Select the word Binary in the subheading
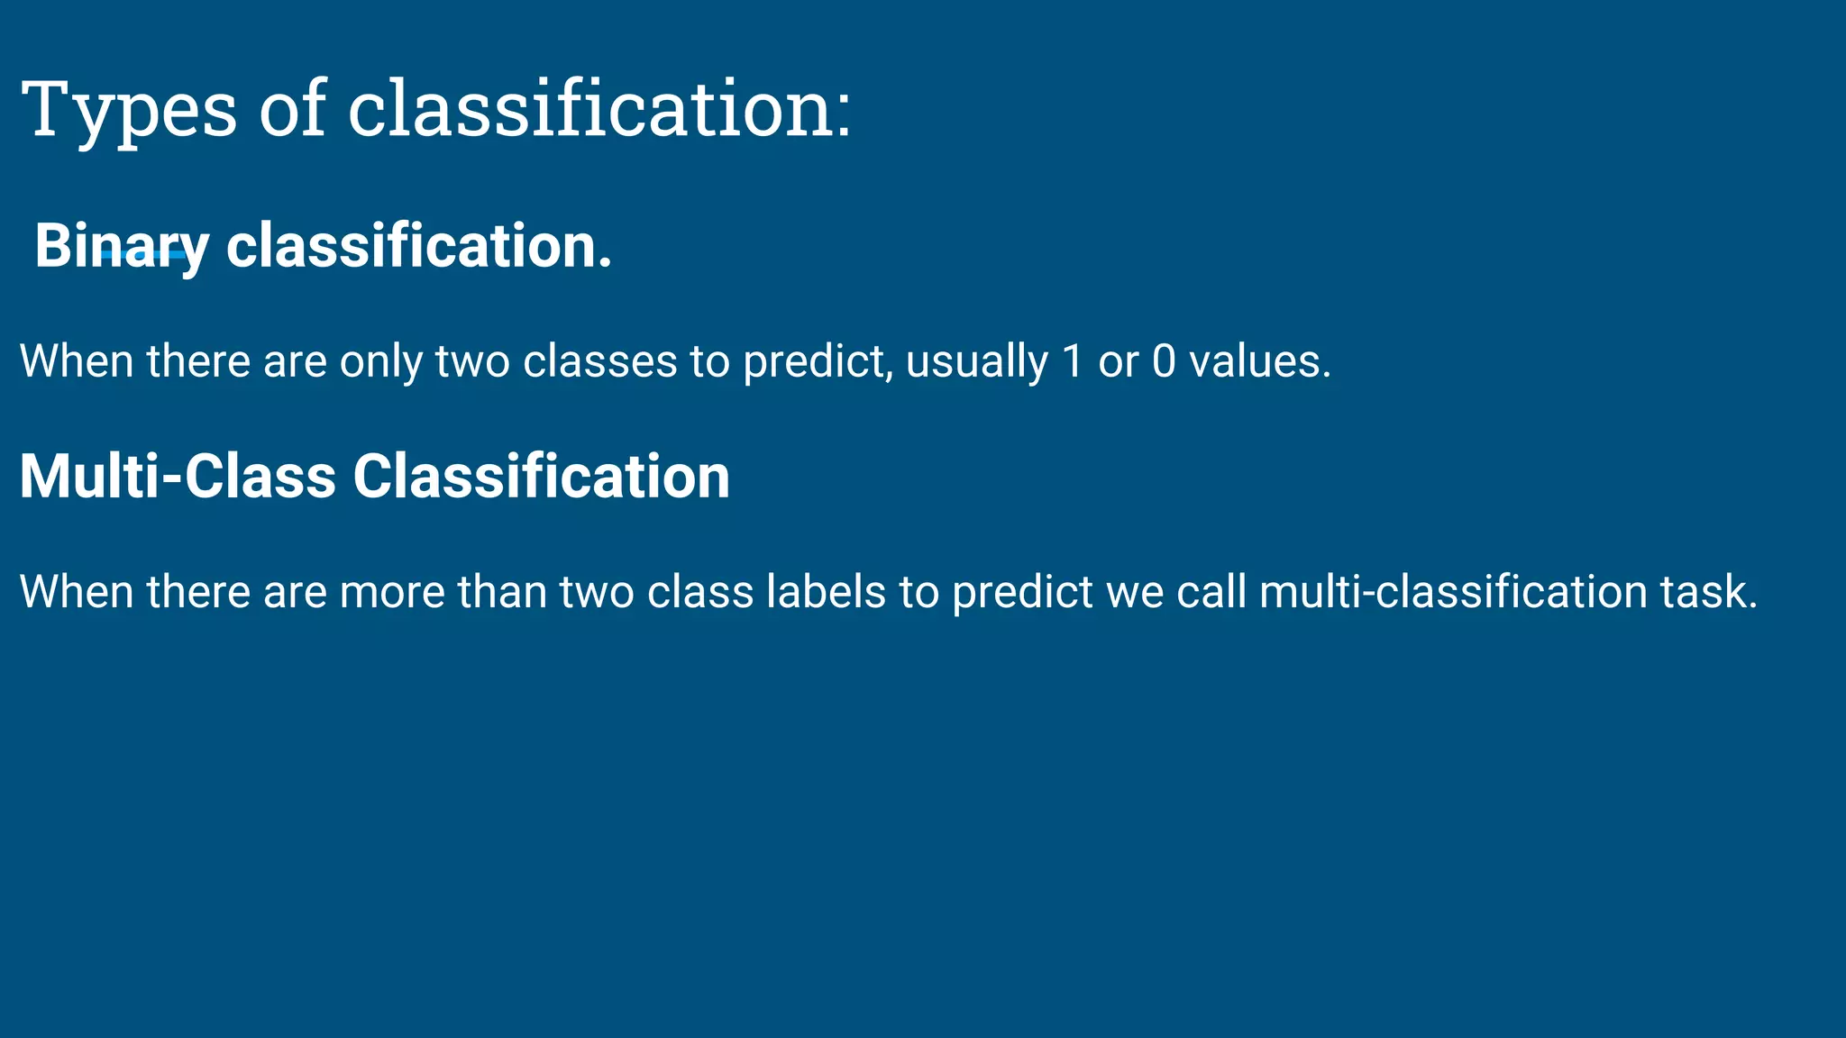121,246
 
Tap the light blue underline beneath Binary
144,256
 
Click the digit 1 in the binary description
1072,361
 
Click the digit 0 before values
1164,361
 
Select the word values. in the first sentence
1259,361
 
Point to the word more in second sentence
392,593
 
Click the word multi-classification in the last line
1453,592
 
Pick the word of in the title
292,110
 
